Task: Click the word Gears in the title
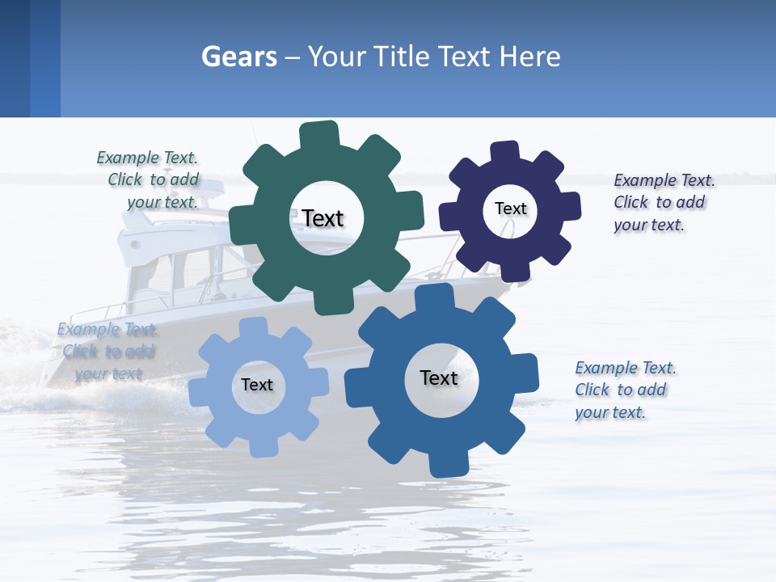pyautogui.click(x=238, y=57)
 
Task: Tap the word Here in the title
pyautogui.click(x=529, y=57)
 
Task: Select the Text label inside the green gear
pyautogui.click(x=323, y=218)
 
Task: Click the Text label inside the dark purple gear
pyautogui.click(x=510, y=209)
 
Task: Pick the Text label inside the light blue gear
pyautogui.click(x=257, y=385)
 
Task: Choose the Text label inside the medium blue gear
pyautogui.click(x=439, y=377)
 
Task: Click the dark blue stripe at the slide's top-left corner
pyautogui.click(x=15, y=58)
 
